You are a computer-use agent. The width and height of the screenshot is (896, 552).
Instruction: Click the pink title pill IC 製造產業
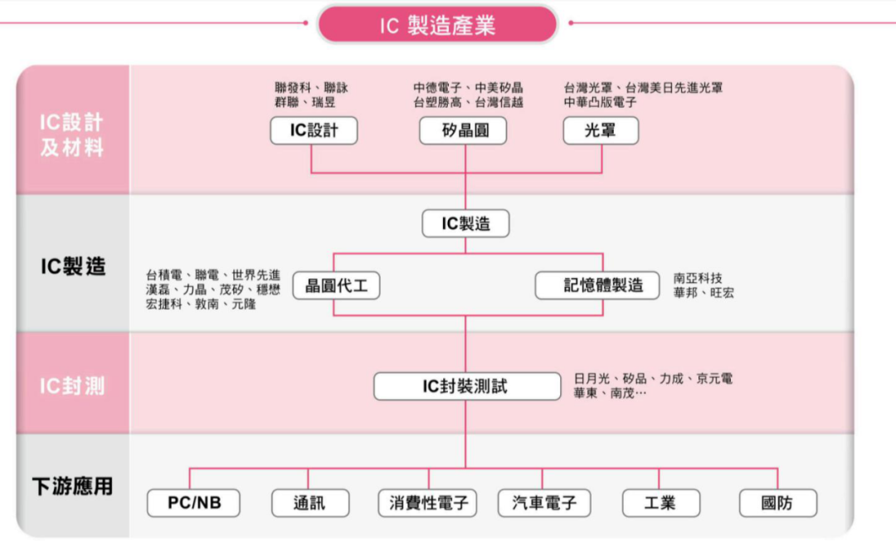pyautogui.click(x=437, y=24)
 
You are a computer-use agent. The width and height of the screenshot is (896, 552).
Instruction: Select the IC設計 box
pyautogui.click(x=314, y=130)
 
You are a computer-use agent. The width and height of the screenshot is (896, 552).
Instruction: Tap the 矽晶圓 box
pyautogui.click(x=463, y=130)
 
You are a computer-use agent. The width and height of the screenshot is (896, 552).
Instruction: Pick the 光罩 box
pyautogui.click(x=601, y=130)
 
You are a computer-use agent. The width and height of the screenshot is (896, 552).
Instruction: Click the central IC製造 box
pyautogui.click(x=465, y=223)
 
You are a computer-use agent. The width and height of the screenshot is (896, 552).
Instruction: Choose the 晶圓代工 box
pyautogui.click(x=337, y=286)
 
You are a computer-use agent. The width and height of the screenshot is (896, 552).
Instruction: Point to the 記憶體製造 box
pyautogui.click(x=597, y=286)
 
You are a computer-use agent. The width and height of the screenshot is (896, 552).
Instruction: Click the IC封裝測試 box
pyautogui.click(x=467, y=386)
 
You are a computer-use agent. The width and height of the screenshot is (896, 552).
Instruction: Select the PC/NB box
pyautogui.click(x=193, y=503)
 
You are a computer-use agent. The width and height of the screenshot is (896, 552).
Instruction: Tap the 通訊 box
pyautogui.click(x=310, y=503)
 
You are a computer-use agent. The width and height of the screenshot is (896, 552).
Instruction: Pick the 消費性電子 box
pyautogui.click(x=427, y=503)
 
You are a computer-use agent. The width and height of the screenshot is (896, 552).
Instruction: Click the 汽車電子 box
pyautogui.click(x=544, y=503)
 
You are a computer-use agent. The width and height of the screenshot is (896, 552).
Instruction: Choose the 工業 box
pyautogui.click(x=661, y=503)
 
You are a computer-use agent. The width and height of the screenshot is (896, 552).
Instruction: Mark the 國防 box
pyautogui.click(x=778, y=503)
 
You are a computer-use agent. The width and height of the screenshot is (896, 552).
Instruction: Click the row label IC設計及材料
pyautogui.click(x=72, y=135)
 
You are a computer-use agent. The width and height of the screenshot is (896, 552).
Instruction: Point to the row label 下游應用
pyautogui.click(x=72, y=486)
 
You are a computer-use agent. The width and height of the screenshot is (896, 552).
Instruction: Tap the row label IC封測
pyautogui.click(x=72, y=386)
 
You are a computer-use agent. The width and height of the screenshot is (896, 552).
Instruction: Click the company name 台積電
pyautogui.click(x=164, y=275)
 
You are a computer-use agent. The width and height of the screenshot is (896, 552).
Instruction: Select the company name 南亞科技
pyautogui.click(x=698, y=278)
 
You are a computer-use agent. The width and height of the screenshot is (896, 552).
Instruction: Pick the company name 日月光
pyautogui.click(x=592, y=379)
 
